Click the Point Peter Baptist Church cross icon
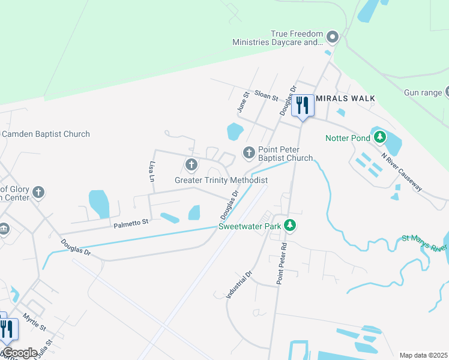(249, 153)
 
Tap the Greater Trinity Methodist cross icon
(191, 164)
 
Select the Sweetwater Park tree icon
(290, 226)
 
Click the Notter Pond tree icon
(379, 137)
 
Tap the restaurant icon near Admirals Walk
(302, 106)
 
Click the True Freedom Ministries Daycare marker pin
(333, 38)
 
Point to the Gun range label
(423, 92)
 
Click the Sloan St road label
(267, 95)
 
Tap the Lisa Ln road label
(151, 171)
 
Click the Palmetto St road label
(130, 223)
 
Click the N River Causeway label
(402, 172)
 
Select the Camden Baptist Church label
(46, 134)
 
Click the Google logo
(19, 353)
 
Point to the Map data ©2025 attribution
(423, 355)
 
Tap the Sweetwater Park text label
(250, 226)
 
